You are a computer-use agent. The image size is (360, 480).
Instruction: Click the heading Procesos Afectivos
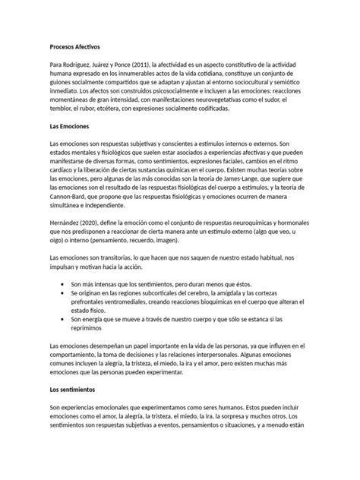(79, 46)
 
